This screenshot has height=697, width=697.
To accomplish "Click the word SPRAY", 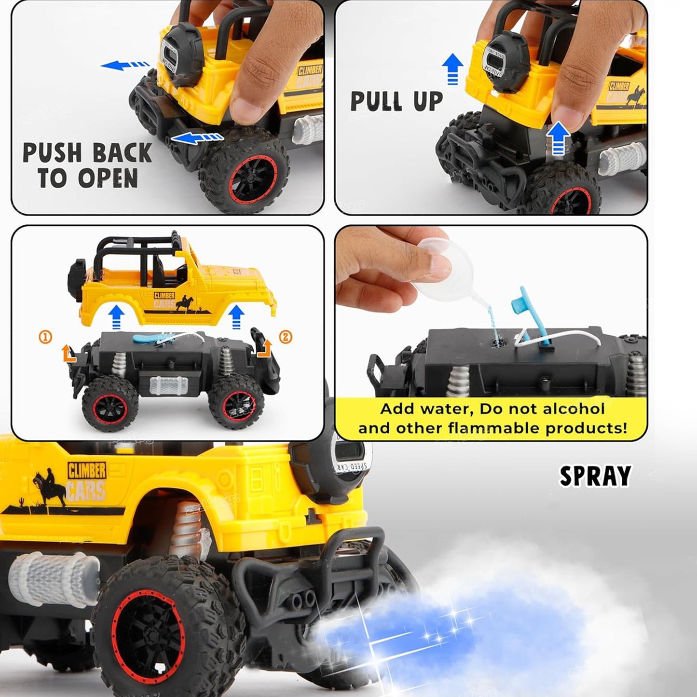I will (x=595, y=476).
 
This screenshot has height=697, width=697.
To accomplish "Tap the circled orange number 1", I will (x=45, y=337).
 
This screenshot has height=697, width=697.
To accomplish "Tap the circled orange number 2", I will (x=286, y=337).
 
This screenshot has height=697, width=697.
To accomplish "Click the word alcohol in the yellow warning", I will (x=574, y=409).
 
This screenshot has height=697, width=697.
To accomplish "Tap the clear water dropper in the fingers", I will (x=446, y=271).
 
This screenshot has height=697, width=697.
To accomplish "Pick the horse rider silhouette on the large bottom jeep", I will (x=50, y=488).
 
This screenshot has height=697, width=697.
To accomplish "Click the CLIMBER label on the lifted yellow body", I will (x=164, y=296).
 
